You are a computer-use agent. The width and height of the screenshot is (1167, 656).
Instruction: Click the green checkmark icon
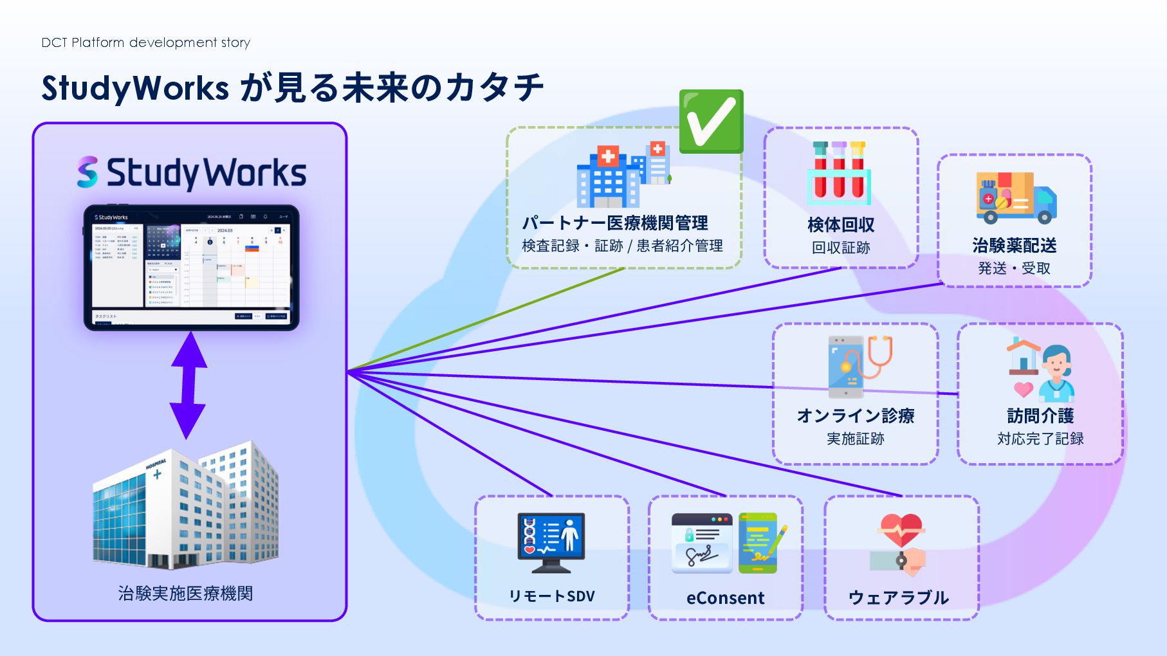711,122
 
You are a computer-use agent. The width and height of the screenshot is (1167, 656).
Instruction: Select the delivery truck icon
1015,197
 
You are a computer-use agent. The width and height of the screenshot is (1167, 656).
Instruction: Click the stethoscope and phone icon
859,365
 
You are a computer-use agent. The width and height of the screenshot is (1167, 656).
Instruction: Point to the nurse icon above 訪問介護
1055,372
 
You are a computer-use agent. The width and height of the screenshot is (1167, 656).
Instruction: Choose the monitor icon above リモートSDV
551,542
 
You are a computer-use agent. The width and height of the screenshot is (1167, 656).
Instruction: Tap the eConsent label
725,598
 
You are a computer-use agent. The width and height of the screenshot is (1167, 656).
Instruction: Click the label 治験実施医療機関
185,593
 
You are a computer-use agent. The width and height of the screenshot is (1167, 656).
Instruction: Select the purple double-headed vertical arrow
188,385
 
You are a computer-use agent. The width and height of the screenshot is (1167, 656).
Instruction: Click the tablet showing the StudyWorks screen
191,268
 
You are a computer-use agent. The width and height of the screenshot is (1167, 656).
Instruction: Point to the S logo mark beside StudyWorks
87,172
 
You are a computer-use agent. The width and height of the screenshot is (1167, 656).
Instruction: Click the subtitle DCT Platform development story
145,42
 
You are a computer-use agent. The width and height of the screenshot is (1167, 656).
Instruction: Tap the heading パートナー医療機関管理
614,223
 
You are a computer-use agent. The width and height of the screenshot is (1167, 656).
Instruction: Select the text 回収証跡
840,248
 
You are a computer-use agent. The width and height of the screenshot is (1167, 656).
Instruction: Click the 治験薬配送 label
1014,245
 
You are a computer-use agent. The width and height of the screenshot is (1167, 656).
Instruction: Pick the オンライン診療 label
855,415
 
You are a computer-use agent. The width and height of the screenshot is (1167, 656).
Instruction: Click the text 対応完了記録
1040,439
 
